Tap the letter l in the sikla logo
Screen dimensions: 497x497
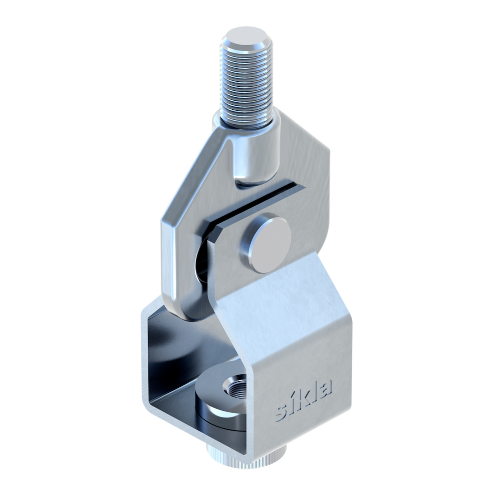[x=314, y=392]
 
